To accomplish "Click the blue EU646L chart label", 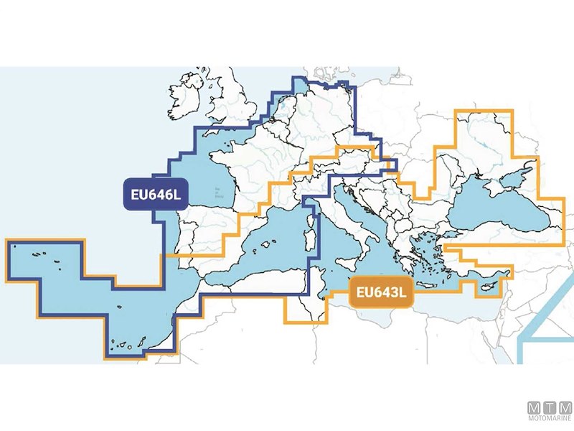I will tap(155, 194).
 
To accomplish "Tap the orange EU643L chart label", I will tap(381, 293).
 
